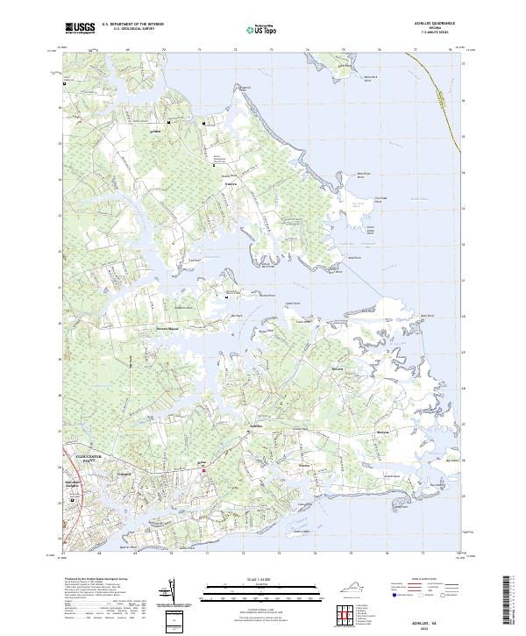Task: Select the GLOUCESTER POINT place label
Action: tap(82, 455)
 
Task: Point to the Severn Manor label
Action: tap(167, 330)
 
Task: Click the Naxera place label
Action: tap(231, 184)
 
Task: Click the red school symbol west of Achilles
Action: tap(205, 470)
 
